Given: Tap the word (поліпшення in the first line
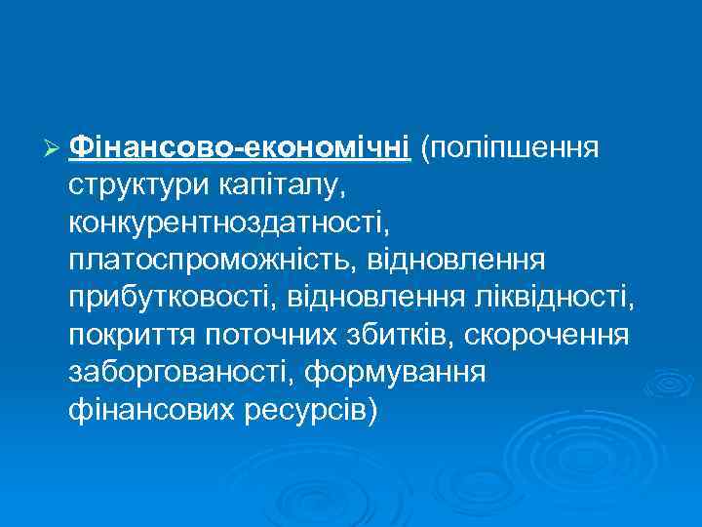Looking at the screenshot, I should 509,148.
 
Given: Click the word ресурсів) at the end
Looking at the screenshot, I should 303,408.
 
